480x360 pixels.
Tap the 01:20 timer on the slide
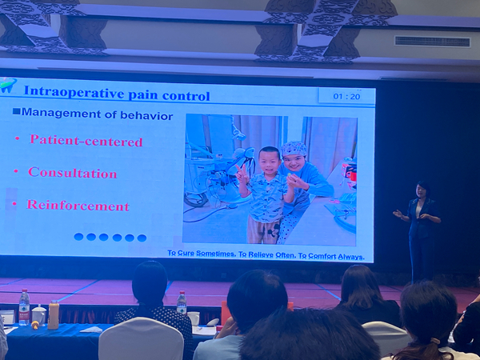[x=346, y=97]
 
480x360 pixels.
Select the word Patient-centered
[x=86, y=140]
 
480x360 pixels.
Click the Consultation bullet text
[x=73, y=173]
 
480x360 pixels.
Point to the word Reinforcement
[x=78, y=205]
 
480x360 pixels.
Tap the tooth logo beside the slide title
[x=8, y=85]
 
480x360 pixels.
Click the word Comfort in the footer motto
[x=322, y=256]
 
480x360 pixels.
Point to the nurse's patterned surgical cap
[x=294, y=149]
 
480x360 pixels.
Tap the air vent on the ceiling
[x=432, y=42]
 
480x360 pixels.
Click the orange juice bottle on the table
[x=54, y=314]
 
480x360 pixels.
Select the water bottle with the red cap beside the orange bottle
[x=24, y=307]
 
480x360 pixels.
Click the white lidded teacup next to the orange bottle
[x=39, y=315]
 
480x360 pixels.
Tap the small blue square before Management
[x=16, y=111]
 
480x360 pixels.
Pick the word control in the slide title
[x=186, y=96]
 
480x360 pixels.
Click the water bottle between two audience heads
[x=182, y=302]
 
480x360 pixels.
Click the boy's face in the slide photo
[x=270, y=162]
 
